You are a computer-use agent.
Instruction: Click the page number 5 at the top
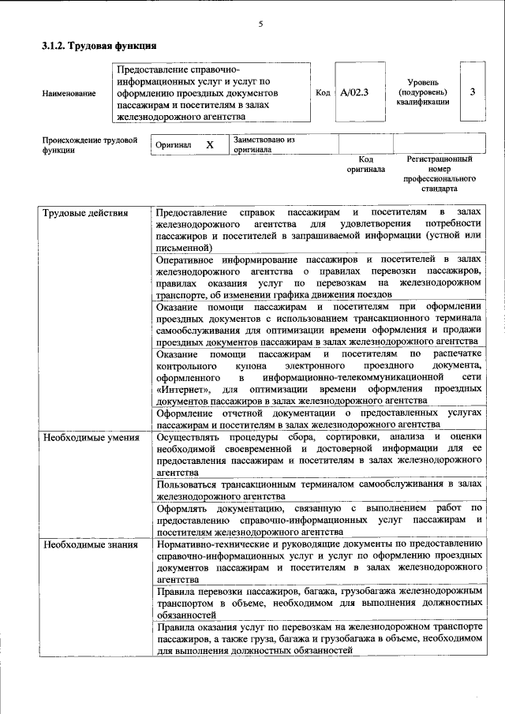(x=260, y=24)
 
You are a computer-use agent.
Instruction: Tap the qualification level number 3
(x=472, y=92)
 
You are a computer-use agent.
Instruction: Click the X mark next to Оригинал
(x=209, y=145)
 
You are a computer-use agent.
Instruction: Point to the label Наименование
(x=69, y=93)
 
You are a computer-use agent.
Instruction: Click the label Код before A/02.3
(x=322, y=92)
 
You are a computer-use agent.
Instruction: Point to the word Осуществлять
(x=190, y=436)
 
